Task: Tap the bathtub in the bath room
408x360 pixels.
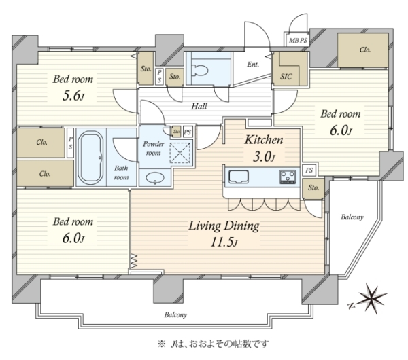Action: tap(90, 158)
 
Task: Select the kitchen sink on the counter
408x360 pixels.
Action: tap(239, 177)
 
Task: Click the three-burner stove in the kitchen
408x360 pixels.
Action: tap(288, 177)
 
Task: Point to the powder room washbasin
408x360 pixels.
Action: tap(155, 178)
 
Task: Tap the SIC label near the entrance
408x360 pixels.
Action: tap(286, 77)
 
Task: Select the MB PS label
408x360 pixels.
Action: tap(299, 41)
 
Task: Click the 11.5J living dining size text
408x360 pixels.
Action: tap(224, 242)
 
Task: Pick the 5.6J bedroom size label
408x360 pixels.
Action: tap(73, 96)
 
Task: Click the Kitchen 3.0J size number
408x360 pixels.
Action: tap(264, 157)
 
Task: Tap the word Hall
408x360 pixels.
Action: tap(199, 106)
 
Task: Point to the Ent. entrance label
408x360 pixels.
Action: tap(253, 65)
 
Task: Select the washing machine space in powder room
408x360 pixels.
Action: tap(180, 152)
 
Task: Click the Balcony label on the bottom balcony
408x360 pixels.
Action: tap(175, 315)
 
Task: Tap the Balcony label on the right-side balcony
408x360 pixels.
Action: tap(352, 217)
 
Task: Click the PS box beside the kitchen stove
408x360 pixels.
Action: tap(309, 170)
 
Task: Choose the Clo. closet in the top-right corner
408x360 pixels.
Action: tap(362, 50)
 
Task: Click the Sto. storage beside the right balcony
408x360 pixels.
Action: tap(313, 188)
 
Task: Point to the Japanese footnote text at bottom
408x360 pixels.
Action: tap(213, 344)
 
